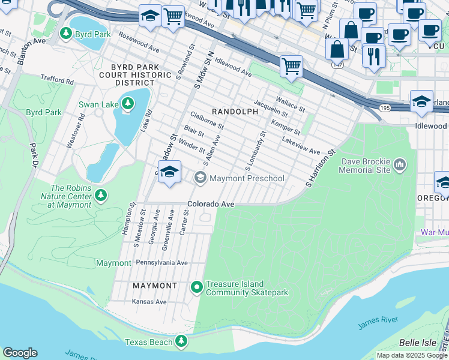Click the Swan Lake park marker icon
click(127, 104)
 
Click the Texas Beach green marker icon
click(181, 342)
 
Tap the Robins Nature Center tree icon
click(101, 195)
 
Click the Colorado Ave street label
click(210, 204)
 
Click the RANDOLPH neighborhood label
click(231, 112)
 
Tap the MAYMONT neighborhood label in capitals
click(155, 286)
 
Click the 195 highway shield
click(385, 107)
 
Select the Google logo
click(20, 353)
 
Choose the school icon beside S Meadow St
click(169, 172)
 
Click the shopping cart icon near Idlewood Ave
click(291, 67)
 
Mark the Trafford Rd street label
click(57, 79)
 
